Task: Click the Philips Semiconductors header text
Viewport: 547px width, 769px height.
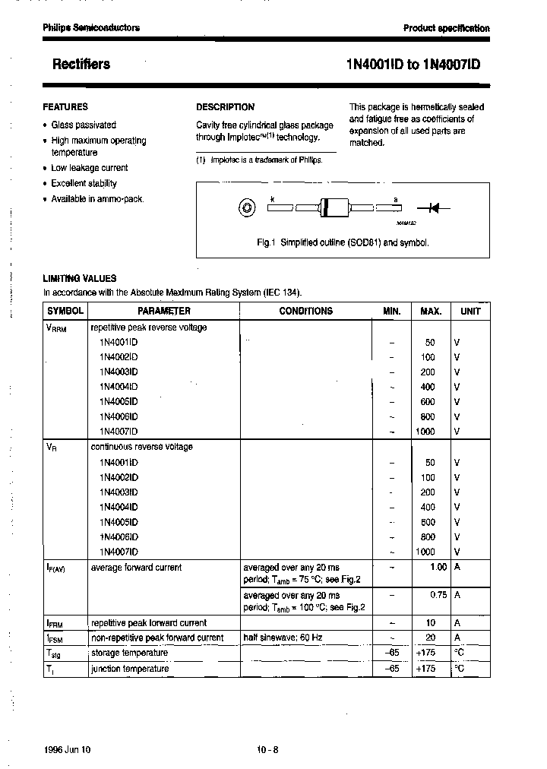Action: (x=91, y=27)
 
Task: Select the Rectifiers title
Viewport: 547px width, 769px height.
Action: (x=81, y=65)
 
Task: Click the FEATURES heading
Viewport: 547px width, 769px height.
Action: (x=65, y=107)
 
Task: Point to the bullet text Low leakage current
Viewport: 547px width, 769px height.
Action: (x=89, y=168)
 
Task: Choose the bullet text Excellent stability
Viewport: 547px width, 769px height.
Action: (x=84, y=183)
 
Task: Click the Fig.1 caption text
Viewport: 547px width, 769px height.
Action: (x=343, y=242)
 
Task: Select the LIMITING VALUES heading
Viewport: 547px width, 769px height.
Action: (x=80, y=279)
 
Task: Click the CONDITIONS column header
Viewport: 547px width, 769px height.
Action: (x=305, y=311)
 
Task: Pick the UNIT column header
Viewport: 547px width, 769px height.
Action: (x=470, y=311)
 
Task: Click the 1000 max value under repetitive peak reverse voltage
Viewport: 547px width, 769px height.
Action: (x=425, y=432)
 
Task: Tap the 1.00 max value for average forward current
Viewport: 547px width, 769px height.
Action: (x=438, y=567)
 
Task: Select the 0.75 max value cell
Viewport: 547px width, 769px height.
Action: (x=438, y=595)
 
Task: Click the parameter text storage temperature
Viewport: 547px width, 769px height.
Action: (x=129, y=653)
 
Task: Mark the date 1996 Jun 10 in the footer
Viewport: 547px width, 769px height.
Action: (x=67, y=749)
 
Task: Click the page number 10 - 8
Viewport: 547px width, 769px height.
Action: (x=268, y=749)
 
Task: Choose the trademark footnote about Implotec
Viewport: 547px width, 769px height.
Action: (x=259, y=160)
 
